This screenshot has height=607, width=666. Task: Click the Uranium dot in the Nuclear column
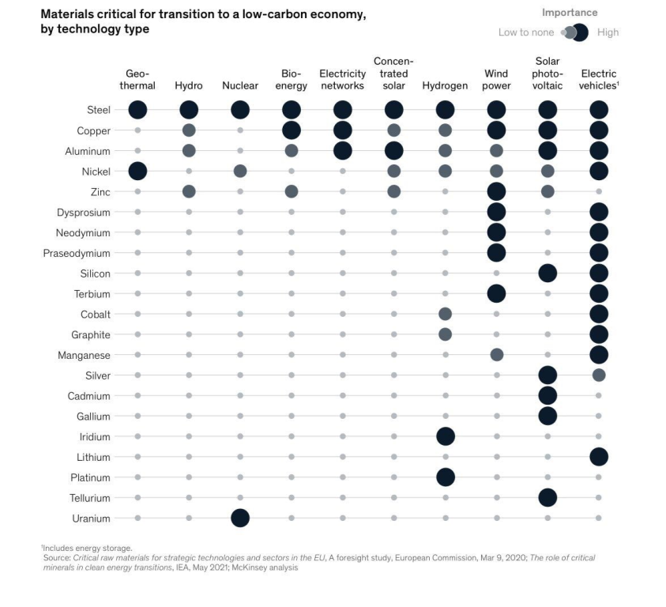point(240,518)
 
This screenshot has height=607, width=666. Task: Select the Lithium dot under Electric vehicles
point(599,457)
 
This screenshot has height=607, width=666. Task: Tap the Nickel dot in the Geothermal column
point(137,171)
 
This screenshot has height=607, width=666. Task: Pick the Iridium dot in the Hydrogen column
point(445,436)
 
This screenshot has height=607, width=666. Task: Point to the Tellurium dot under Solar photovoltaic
point(547,498)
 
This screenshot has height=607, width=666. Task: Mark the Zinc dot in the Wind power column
point(496,191)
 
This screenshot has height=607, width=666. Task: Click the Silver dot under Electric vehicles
point(599,375)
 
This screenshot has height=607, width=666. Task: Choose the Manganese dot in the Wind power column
point(496,355)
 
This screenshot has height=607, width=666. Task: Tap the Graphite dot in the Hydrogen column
point(445,334)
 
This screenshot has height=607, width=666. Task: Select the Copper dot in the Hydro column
point(189,130)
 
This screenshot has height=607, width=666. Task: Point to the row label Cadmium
point(88,396)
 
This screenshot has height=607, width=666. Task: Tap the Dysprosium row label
point(83,212)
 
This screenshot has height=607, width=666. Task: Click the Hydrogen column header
point(445,85)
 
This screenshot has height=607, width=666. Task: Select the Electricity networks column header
point(342,80)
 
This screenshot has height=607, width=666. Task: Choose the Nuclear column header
point(240,85)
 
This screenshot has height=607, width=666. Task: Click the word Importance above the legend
point(569,13)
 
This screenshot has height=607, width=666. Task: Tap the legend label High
point(608,32)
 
